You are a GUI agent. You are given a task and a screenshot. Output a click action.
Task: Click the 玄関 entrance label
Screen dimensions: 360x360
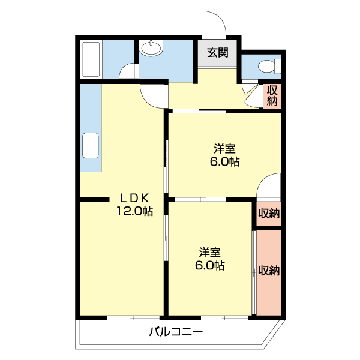click(x=218, y=52)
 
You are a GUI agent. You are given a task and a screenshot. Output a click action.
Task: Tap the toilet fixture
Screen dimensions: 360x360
click(x=269, y=66)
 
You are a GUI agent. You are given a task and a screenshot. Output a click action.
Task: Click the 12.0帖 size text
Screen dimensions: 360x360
click(x=134, y=211)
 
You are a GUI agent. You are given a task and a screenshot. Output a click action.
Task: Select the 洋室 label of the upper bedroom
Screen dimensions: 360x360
click(x=225, y=148)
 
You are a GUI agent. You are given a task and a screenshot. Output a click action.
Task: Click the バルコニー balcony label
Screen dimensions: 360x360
click(x=176, y=331)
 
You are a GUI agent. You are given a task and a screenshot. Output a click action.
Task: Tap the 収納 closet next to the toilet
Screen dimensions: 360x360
click(x=272, y=95)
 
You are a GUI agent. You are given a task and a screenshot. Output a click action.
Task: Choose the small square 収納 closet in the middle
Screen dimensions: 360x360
click(x=269, y=213)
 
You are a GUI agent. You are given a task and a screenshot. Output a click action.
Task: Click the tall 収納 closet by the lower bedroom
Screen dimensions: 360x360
click(x=269, y=271)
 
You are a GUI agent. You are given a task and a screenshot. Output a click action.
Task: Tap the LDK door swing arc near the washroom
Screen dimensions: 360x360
click(x=154, y=96)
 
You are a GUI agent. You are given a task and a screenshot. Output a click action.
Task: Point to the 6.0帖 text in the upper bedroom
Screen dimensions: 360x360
click(x=225, y=162)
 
